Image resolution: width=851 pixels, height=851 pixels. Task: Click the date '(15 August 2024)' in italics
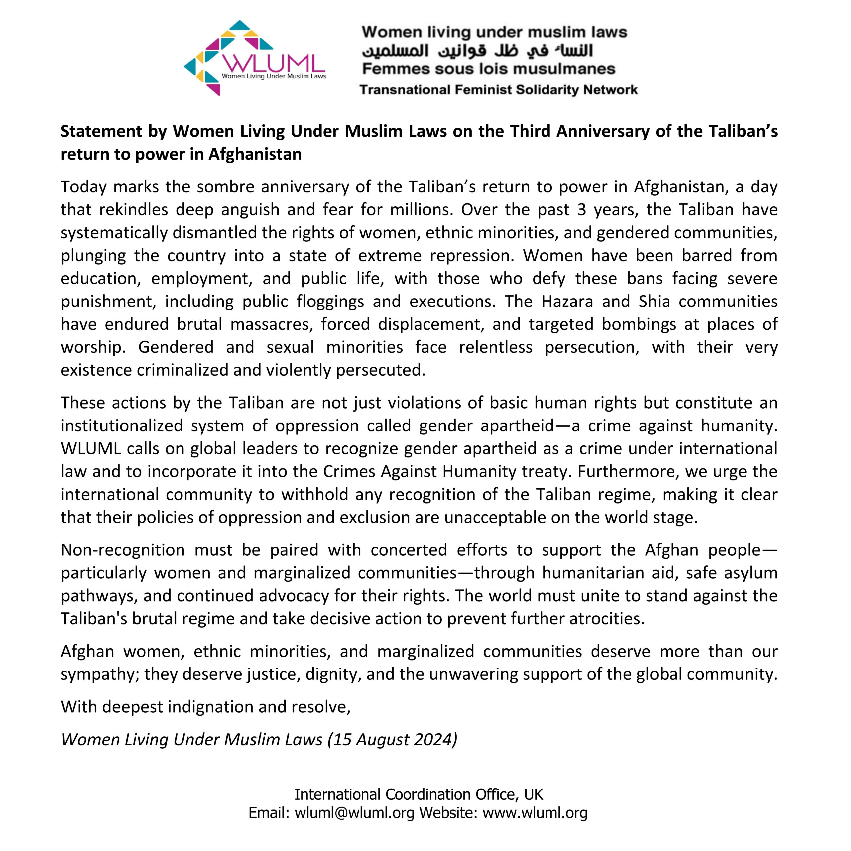(x=393, y=739)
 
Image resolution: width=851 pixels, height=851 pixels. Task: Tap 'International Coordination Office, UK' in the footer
(x=419, y=794)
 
